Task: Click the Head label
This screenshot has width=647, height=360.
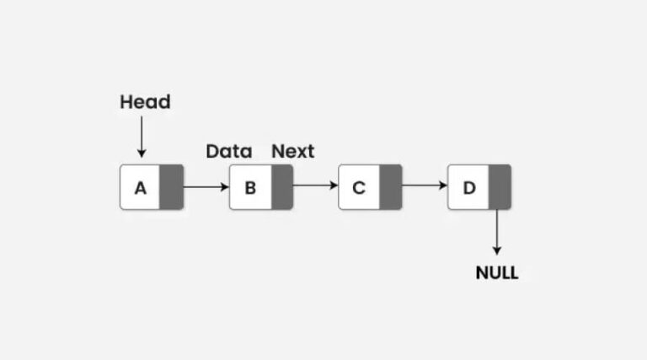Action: click(x=145, y=102)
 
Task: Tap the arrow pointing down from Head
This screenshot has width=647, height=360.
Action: click(x=142, y=137)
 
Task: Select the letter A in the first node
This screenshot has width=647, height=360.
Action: click(x=140, y=188)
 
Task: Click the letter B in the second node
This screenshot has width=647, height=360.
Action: click(x=250, y=188)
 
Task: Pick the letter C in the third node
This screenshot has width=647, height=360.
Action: click(x=359, y=188)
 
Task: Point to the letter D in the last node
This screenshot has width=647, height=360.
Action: click(x=468, y=188)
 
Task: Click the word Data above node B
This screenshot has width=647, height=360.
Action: click(x=228, y=152)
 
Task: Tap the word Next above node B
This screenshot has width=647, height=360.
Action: click(x=292, y=152)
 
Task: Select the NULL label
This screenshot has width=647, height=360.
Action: click(x=496, y=273)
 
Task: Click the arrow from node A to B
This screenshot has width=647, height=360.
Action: click(x=206, y=186)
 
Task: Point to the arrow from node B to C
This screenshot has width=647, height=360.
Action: click(x=315, y=186)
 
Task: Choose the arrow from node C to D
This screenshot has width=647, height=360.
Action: click(x=425, y=186)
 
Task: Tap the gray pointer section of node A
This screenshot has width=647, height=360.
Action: click(x=171, y=187)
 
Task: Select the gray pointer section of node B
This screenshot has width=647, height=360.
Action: click(x=281, y=187)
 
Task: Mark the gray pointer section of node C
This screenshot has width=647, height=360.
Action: click(x=390, y=187)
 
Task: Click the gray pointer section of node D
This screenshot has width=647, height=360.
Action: click(x=500, y=187)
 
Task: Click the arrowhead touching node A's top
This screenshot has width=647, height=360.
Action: click(x=142, y=153)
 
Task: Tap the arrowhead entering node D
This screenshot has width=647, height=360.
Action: click(x=443, y=186)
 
